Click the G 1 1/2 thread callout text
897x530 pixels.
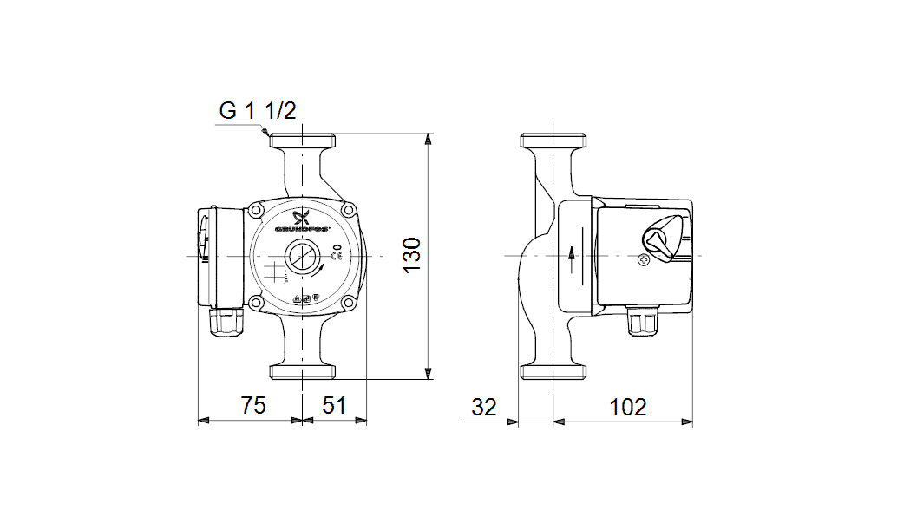click(258, 111)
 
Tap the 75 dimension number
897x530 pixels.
click(252, 406)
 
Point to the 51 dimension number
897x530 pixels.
click(335, 406)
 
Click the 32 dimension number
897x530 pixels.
click(485, 406)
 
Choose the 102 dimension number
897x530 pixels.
click(627, 406)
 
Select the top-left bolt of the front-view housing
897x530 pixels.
click(257, 211)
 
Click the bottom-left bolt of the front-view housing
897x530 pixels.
click(257, 302)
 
